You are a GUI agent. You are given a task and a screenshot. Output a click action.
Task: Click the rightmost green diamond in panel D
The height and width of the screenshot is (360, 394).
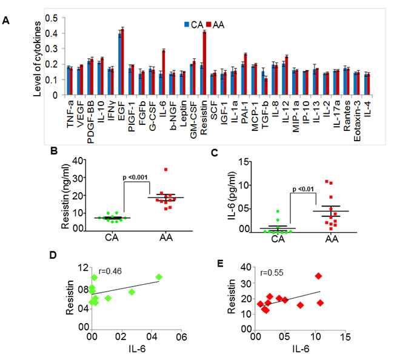tap(159, 277)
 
